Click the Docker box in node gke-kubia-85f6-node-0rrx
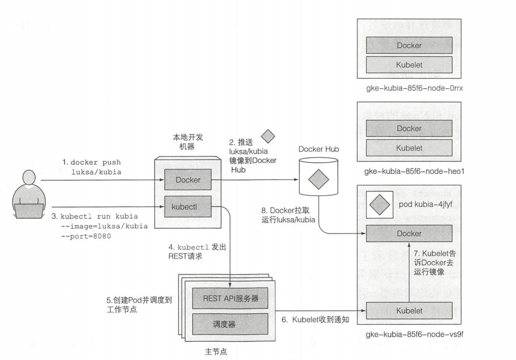coord(409,45)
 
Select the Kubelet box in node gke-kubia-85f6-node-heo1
coord(409,148)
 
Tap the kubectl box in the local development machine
coord(188,206)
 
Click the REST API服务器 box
coord(230,298)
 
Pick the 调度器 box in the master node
coord(230,324)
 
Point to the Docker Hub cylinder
coord(319,176)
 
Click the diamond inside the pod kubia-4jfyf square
coord(379,204)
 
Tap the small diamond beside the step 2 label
coord(268,136)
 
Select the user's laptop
coord(28,211)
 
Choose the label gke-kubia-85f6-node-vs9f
coord(414,335)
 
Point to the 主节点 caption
coord(216,352)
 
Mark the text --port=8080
coord(86,236)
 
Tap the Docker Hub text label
coord(319,149)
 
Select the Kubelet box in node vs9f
coord(409,310)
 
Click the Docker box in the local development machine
coord(188,179)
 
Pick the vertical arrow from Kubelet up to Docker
coord(409,272)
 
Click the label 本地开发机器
coord(188,141)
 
